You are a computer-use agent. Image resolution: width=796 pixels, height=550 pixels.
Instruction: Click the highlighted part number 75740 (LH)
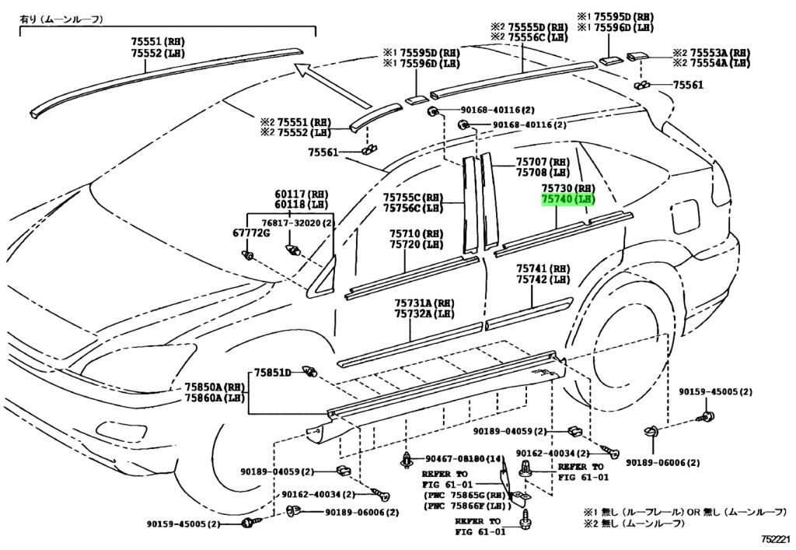[567, 200]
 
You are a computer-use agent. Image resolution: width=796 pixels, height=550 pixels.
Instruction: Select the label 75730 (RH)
[567, 189]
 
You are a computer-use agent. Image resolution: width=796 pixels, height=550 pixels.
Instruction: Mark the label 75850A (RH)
[214, 387]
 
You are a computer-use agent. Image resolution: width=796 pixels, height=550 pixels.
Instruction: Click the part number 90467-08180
[459, 459]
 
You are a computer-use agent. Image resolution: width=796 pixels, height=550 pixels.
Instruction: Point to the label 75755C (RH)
[412, 197]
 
